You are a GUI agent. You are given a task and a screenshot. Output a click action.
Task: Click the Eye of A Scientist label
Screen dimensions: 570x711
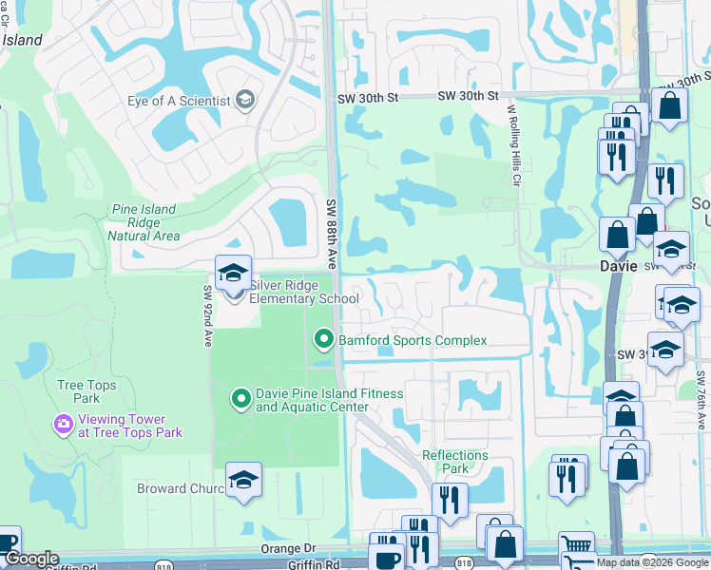pyautogui.click(x=179, y=101)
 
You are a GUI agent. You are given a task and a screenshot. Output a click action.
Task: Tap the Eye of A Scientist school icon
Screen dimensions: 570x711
pyautogui.click(x=245, y=101)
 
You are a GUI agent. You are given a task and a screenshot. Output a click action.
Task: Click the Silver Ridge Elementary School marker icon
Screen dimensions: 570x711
pyautogui.click(x=233, y=275)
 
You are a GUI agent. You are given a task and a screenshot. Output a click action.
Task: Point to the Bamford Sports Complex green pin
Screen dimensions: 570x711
pyautogui.click(x=324, y=339)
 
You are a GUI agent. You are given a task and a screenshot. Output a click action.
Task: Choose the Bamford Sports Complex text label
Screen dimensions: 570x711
pyautogui.click(x=413, y=340)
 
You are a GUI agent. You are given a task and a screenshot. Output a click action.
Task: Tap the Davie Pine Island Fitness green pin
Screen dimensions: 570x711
pyautogui.click(x=242, y=399)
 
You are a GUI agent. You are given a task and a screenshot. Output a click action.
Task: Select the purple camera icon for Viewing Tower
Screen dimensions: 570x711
pyautogui.click(x=64, y=423)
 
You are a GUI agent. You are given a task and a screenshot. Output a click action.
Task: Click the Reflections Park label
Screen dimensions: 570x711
pyautogui.click(x=455, y=462)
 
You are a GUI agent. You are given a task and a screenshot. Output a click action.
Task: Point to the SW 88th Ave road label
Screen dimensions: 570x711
pyautogui.click(x=332, y=234)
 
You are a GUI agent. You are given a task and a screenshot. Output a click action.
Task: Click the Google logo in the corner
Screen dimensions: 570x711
pyautogui.click(x=30, y=559)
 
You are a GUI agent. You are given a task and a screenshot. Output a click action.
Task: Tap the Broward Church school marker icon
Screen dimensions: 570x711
pyautogui.click(x=243, y=482)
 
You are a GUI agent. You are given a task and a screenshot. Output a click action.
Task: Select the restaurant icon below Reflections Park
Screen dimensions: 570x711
pyautogui.click(x=450, y=499)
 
